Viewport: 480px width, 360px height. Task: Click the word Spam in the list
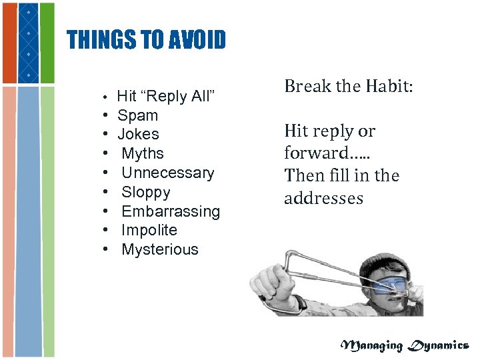pos(137,115)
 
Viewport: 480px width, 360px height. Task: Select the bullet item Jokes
pos(138,135)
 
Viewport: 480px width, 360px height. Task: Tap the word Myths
pos(143,154)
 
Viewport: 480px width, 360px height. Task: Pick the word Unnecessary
pos(167,173)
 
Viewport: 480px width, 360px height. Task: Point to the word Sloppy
pos(145,193)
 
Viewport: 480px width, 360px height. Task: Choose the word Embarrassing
pos(170,211)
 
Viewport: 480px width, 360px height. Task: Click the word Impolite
pos(149,231)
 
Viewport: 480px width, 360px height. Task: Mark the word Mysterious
pos(159,250)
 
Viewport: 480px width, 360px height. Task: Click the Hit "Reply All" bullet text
pos(165,97)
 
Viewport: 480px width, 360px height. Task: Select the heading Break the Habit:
pos(349,87)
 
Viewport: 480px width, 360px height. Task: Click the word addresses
pos(323,199)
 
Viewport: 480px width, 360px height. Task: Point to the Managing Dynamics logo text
pos(405,345)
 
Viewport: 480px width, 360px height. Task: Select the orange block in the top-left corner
pos(9,43)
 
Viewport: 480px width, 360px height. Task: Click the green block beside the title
pos(47,43)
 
